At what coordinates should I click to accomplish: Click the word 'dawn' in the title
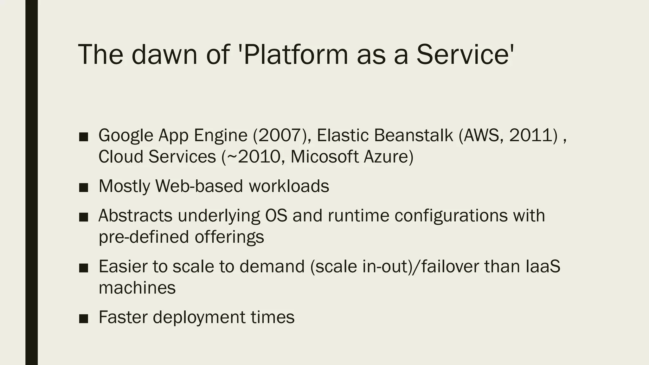coord(165,54)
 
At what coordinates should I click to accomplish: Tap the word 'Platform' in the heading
coord(295,54)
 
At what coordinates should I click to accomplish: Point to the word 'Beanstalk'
coord(414,135)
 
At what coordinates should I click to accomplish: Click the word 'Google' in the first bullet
coord(126,135)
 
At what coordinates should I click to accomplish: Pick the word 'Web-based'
coord(199,186)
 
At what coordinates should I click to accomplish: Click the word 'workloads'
coord(289,186)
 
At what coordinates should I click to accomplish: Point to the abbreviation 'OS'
coord(276,216)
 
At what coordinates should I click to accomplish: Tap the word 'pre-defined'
coord(144,237)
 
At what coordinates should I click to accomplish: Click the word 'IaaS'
coord(543,266)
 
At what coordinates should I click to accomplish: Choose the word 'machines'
coord(137,288)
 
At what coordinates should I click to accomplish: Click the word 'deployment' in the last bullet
coord(199,317)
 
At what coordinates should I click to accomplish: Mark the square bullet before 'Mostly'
coord(84,187)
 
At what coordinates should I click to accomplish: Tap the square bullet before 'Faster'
coord(84,318)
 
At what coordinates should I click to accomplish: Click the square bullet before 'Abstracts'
coord(84,217)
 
